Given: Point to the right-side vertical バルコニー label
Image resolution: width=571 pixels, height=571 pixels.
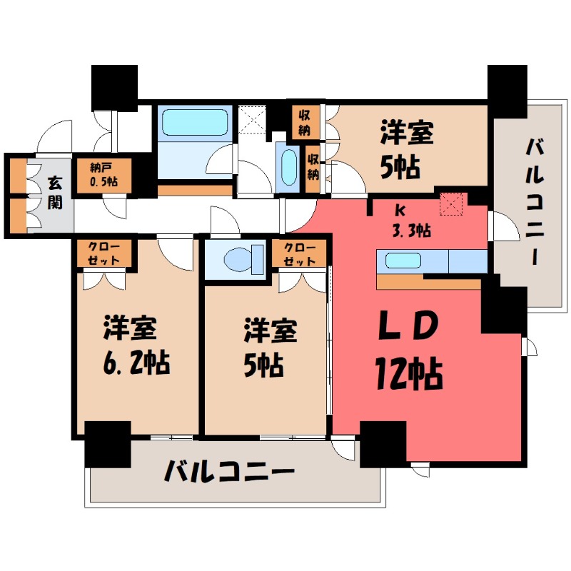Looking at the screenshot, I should tap(535, 203).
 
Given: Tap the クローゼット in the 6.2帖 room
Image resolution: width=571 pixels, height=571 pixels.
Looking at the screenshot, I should tap(104, 253).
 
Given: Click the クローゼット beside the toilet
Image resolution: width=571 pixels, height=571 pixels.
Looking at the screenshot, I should tap(298, 253).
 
